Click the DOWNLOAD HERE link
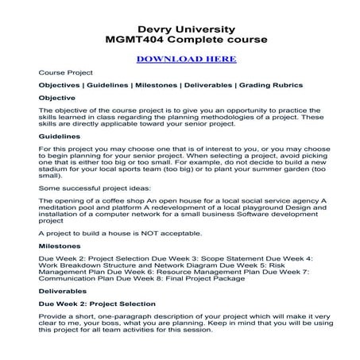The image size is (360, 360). pos(186,58)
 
